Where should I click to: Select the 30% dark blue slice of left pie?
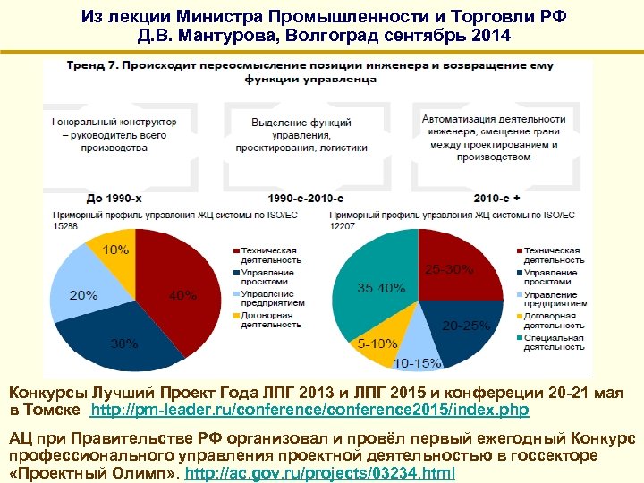coord(125,342)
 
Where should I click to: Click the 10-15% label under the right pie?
coord(417,362)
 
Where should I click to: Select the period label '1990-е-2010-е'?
coord(306,198)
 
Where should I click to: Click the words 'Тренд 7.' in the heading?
coord(92,65)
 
